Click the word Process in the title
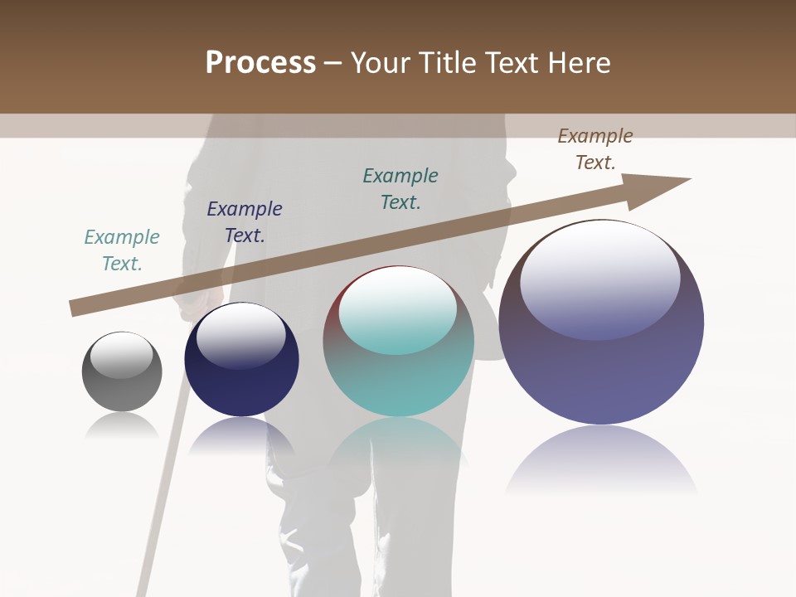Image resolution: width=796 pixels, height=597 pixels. [260, 63]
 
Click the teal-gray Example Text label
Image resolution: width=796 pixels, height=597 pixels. [122, 250]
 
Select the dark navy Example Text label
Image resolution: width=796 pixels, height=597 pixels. [245, 222]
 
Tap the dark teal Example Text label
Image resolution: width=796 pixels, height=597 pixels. [400, 188]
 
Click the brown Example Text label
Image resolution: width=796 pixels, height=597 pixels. [595, 149]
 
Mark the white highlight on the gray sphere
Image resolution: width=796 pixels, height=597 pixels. [122, 355]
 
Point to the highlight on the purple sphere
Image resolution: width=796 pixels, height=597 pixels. [599, 278]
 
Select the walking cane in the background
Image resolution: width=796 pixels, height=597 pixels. [162, 498]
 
